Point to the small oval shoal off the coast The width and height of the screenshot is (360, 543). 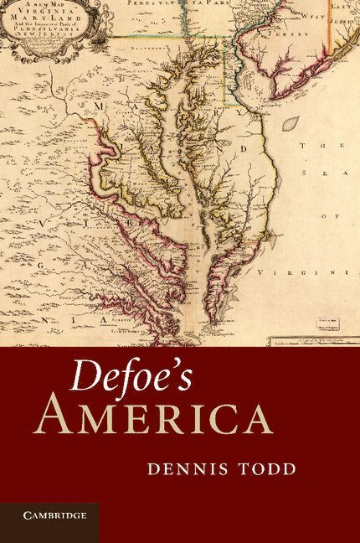pos(291,123)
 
